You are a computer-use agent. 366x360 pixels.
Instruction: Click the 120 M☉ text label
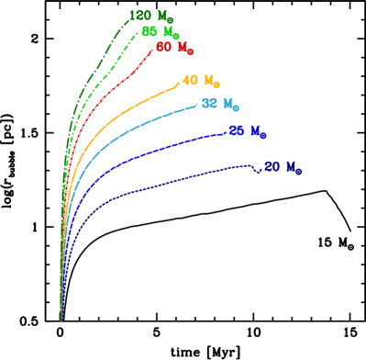(x=150, y=17)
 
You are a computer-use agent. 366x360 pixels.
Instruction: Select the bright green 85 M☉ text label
(x=160, y=32)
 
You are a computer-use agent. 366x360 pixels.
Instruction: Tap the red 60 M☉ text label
(x=173, y=48)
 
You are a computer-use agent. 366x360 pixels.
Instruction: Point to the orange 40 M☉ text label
(x=200, y=81)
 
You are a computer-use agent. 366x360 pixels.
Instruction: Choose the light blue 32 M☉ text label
(x=220, y=105)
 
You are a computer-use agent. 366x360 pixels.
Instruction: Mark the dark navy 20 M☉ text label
(x=282, y=168)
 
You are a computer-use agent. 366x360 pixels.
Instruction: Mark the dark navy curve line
(x=165, y=185)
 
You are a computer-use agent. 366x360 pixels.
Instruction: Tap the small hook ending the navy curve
(x=258, y=169)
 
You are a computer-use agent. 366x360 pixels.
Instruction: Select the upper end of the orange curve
(x=178, y=84)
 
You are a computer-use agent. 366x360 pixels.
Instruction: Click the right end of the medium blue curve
(x=226, y=132)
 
